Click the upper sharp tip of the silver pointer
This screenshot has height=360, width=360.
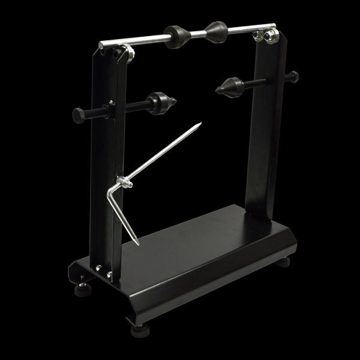click(200, 125)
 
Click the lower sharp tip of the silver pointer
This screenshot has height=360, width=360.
click(138, 244)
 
